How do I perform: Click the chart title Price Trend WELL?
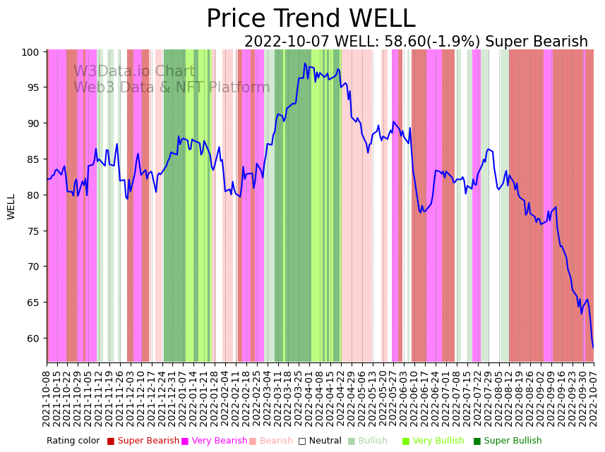(311, 19)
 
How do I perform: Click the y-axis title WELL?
(11, 207)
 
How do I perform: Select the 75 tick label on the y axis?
(32, 231)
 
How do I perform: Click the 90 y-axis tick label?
(32, 123)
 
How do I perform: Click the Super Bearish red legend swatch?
(111, 441)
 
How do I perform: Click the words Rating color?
(73, 441)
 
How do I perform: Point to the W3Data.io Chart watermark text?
(134, 71)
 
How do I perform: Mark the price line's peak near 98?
(305, 63)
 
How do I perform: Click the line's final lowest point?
(593, 348)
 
